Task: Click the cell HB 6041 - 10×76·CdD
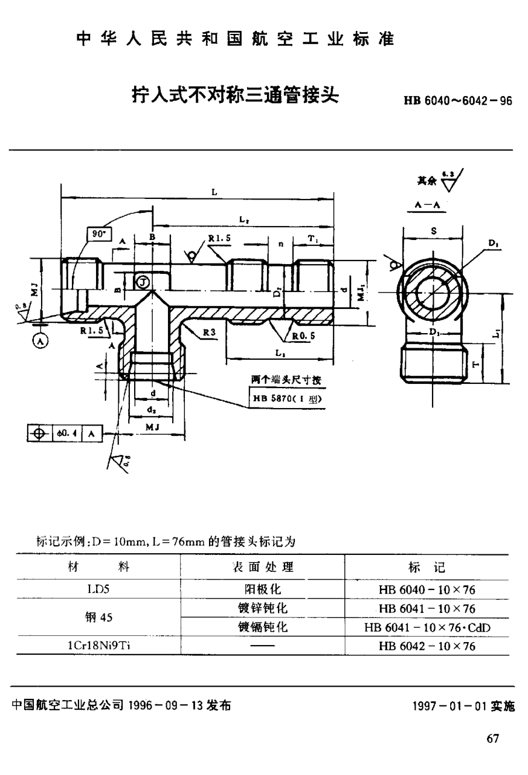427,627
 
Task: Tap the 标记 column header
427,567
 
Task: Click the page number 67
492,739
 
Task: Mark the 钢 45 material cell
98,618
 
